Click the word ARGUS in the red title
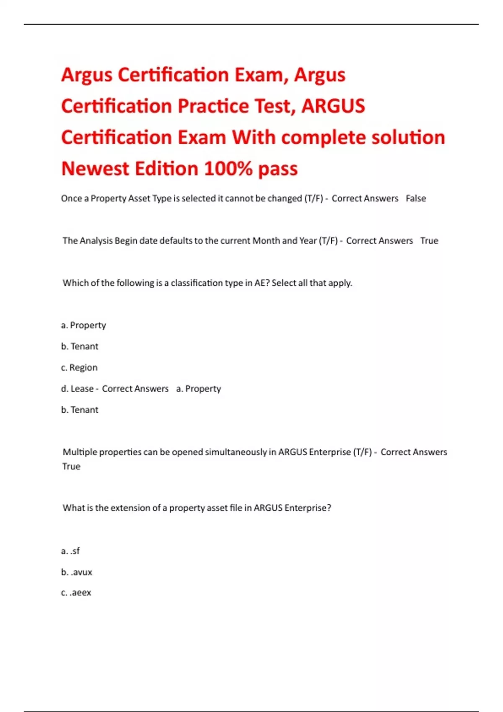click(x=333, y=106)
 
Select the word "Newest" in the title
click(x=94, y=169)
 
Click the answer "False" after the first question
click(x=415, y=199)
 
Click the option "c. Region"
click(x=79, y=367)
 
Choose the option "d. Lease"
click(x=77, y=389)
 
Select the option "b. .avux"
click(x=76, y=572)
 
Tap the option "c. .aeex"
click(x=76, y=593)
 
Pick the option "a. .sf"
click(x=70, y=551)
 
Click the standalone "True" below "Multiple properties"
click(x=71, y=467)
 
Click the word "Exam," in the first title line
click(x=261, y=75)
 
